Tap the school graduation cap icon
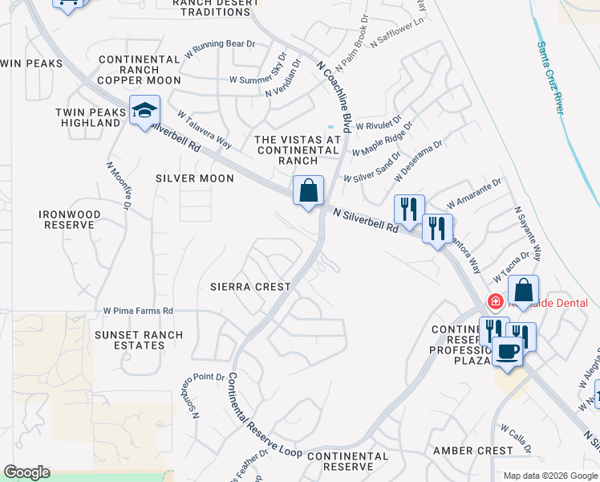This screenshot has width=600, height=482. tap(145, 112)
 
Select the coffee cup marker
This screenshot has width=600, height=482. tap(507, 351)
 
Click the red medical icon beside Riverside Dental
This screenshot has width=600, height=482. tap(495, 302)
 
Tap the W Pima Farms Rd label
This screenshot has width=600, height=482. tap(138, 310)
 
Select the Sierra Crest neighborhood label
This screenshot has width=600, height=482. tap(249, 286)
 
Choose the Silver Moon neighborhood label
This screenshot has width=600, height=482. tap(195, 178)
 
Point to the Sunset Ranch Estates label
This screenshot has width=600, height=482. tap(138, 341)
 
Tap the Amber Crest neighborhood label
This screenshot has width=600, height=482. tap(472, 451)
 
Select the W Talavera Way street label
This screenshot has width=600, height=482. tap(205, 129)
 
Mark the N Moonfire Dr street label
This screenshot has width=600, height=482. tap(119, 186)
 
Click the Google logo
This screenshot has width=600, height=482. tap(26, 472)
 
